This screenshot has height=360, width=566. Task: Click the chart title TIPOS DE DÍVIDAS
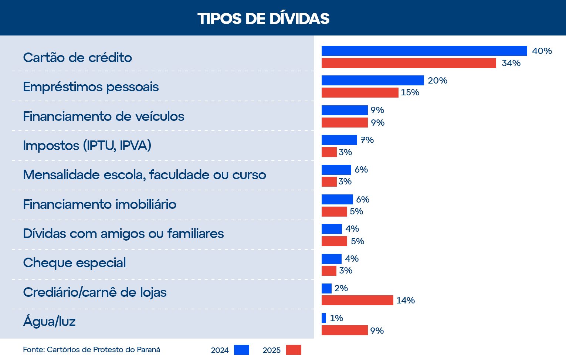point(263,18)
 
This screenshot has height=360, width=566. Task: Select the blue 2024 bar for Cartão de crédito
point(424,51)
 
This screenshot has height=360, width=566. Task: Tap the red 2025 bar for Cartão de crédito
point(409,63)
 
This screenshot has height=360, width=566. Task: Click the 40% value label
point(542,51)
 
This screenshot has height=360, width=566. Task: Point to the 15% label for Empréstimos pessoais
point(410,92)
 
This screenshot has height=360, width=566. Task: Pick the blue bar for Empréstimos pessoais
point(373,81)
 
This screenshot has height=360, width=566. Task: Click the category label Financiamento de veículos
point(104,116)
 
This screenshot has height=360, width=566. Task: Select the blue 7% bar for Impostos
point(339,140)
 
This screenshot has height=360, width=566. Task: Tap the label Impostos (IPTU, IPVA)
point(87,146)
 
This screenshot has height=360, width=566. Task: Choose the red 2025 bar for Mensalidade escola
point(329,182)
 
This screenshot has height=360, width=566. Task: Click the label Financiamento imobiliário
point(99,204)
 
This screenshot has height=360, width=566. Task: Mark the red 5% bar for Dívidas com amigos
point(334,241)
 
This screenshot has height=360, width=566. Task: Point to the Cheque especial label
point(74,263)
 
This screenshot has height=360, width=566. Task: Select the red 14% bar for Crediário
point(357,300)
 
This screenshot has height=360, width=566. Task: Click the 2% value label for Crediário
point(341,288)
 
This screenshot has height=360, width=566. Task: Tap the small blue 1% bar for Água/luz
point(324,318)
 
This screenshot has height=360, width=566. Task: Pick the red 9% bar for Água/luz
point(345,330)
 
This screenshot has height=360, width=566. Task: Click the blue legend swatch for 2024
point(241,350)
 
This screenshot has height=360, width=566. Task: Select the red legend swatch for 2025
point(294,350)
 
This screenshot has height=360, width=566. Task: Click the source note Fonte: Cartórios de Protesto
point(91,350)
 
